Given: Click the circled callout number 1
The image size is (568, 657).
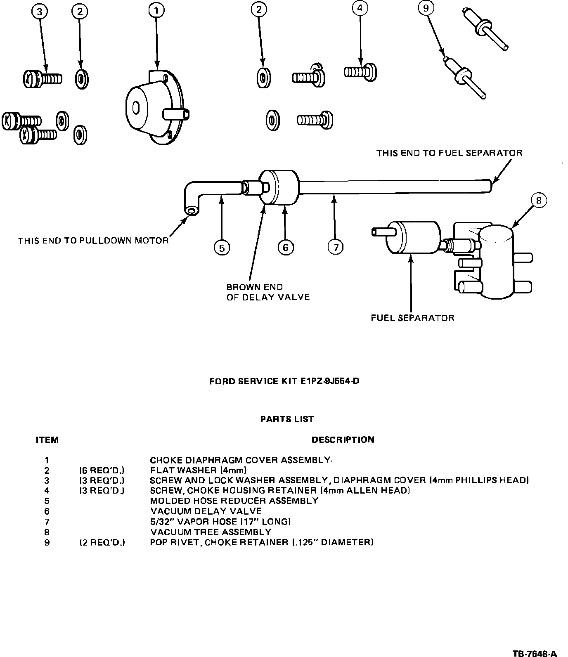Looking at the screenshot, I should pos(156,11).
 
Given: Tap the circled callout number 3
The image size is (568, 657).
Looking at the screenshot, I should pos(40,12).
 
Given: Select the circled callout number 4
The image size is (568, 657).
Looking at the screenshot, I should pos(360,8).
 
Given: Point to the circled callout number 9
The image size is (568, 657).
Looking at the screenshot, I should pos(426,8).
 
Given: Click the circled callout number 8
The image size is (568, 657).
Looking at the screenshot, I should pos(538,201).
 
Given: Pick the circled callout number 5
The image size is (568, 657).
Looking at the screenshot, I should pos(222,248).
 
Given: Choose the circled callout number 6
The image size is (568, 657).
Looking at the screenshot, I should pos(286,247).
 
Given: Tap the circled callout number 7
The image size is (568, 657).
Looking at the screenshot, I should pos(336,247).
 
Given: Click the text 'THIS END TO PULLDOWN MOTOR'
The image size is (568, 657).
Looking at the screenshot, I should pos(93,241).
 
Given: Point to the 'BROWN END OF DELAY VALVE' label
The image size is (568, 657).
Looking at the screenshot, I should pos(268,292).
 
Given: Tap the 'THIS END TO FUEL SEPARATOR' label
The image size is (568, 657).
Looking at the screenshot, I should pos(449,153).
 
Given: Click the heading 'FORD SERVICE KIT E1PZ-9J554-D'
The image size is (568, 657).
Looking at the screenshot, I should pos(284,381).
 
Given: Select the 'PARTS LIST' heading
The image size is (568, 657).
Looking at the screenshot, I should pos(287,419).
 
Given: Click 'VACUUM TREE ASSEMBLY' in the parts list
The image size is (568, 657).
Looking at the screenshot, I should pos(211,532).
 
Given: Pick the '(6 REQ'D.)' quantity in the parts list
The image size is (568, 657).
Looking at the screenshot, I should pos(102,470).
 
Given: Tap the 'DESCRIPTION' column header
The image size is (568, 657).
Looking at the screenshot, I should pos(343,440).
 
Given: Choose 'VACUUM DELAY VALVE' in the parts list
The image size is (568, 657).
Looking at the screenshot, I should pos(206,511).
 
